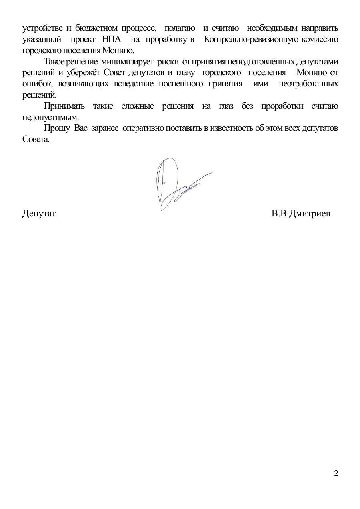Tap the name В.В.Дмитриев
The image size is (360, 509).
click(300, 214)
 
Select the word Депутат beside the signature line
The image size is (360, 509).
click(39, 214)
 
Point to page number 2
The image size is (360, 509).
click(336, 473)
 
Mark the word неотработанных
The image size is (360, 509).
click(308, 84)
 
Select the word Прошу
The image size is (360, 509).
click(56, 128)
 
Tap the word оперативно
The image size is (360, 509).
click(143, 128)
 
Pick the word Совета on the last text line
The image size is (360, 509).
click(35, 140)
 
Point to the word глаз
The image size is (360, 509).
click(226, 106)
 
